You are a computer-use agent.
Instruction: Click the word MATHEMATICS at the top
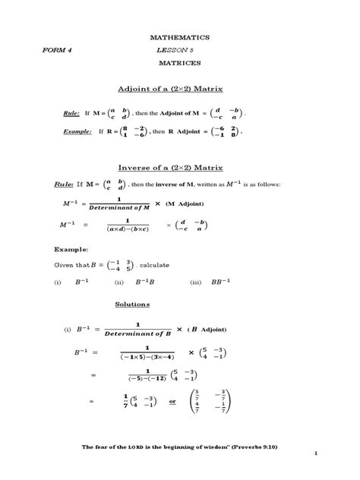tap(180, 37)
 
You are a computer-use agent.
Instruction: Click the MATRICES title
tap(180, 63)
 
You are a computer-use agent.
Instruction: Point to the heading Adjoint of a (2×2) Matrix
tap(180, 89)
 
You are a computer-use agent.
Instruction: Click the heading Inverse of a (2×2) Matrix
tap(180, 166)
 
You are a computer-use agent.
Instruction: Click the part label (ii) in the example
tap(118, 282)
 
